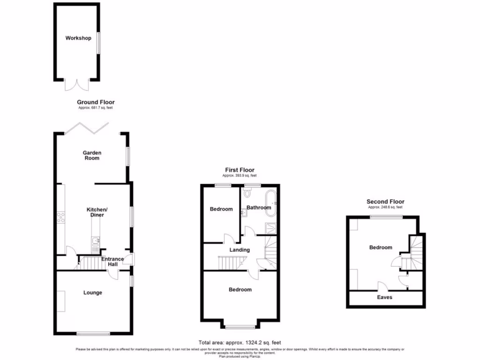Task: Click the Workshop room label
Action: (x=78, y=38)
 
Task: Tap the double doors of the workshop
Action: (x=77, y=84)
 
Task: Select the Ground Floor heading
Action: (x=96, y=102)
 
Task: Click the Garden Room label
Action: (x=92, y=156)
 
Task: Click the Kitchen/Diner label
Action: (x=96, y=212)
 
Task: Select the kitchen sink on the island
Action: (x=96, y=241)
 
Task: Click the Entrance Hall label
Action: (x=112, y=262)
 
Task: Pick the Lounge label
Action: (x=93, y=292)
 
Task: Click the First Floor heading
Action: (x=240, y=170)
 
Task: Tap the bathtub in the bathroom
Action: (x=270, y=203)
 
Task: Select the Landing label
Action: (x=240, y=250)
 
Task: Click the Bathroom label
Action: (x=259, y=208)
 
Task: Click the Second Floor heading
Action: (x=385, y=202)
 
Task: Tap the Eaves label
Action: (x=385, y=297)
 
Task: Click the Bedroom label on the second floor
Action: (x=381, y=247)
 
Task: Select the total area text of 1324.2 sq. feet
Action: (x=240, y=343)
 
